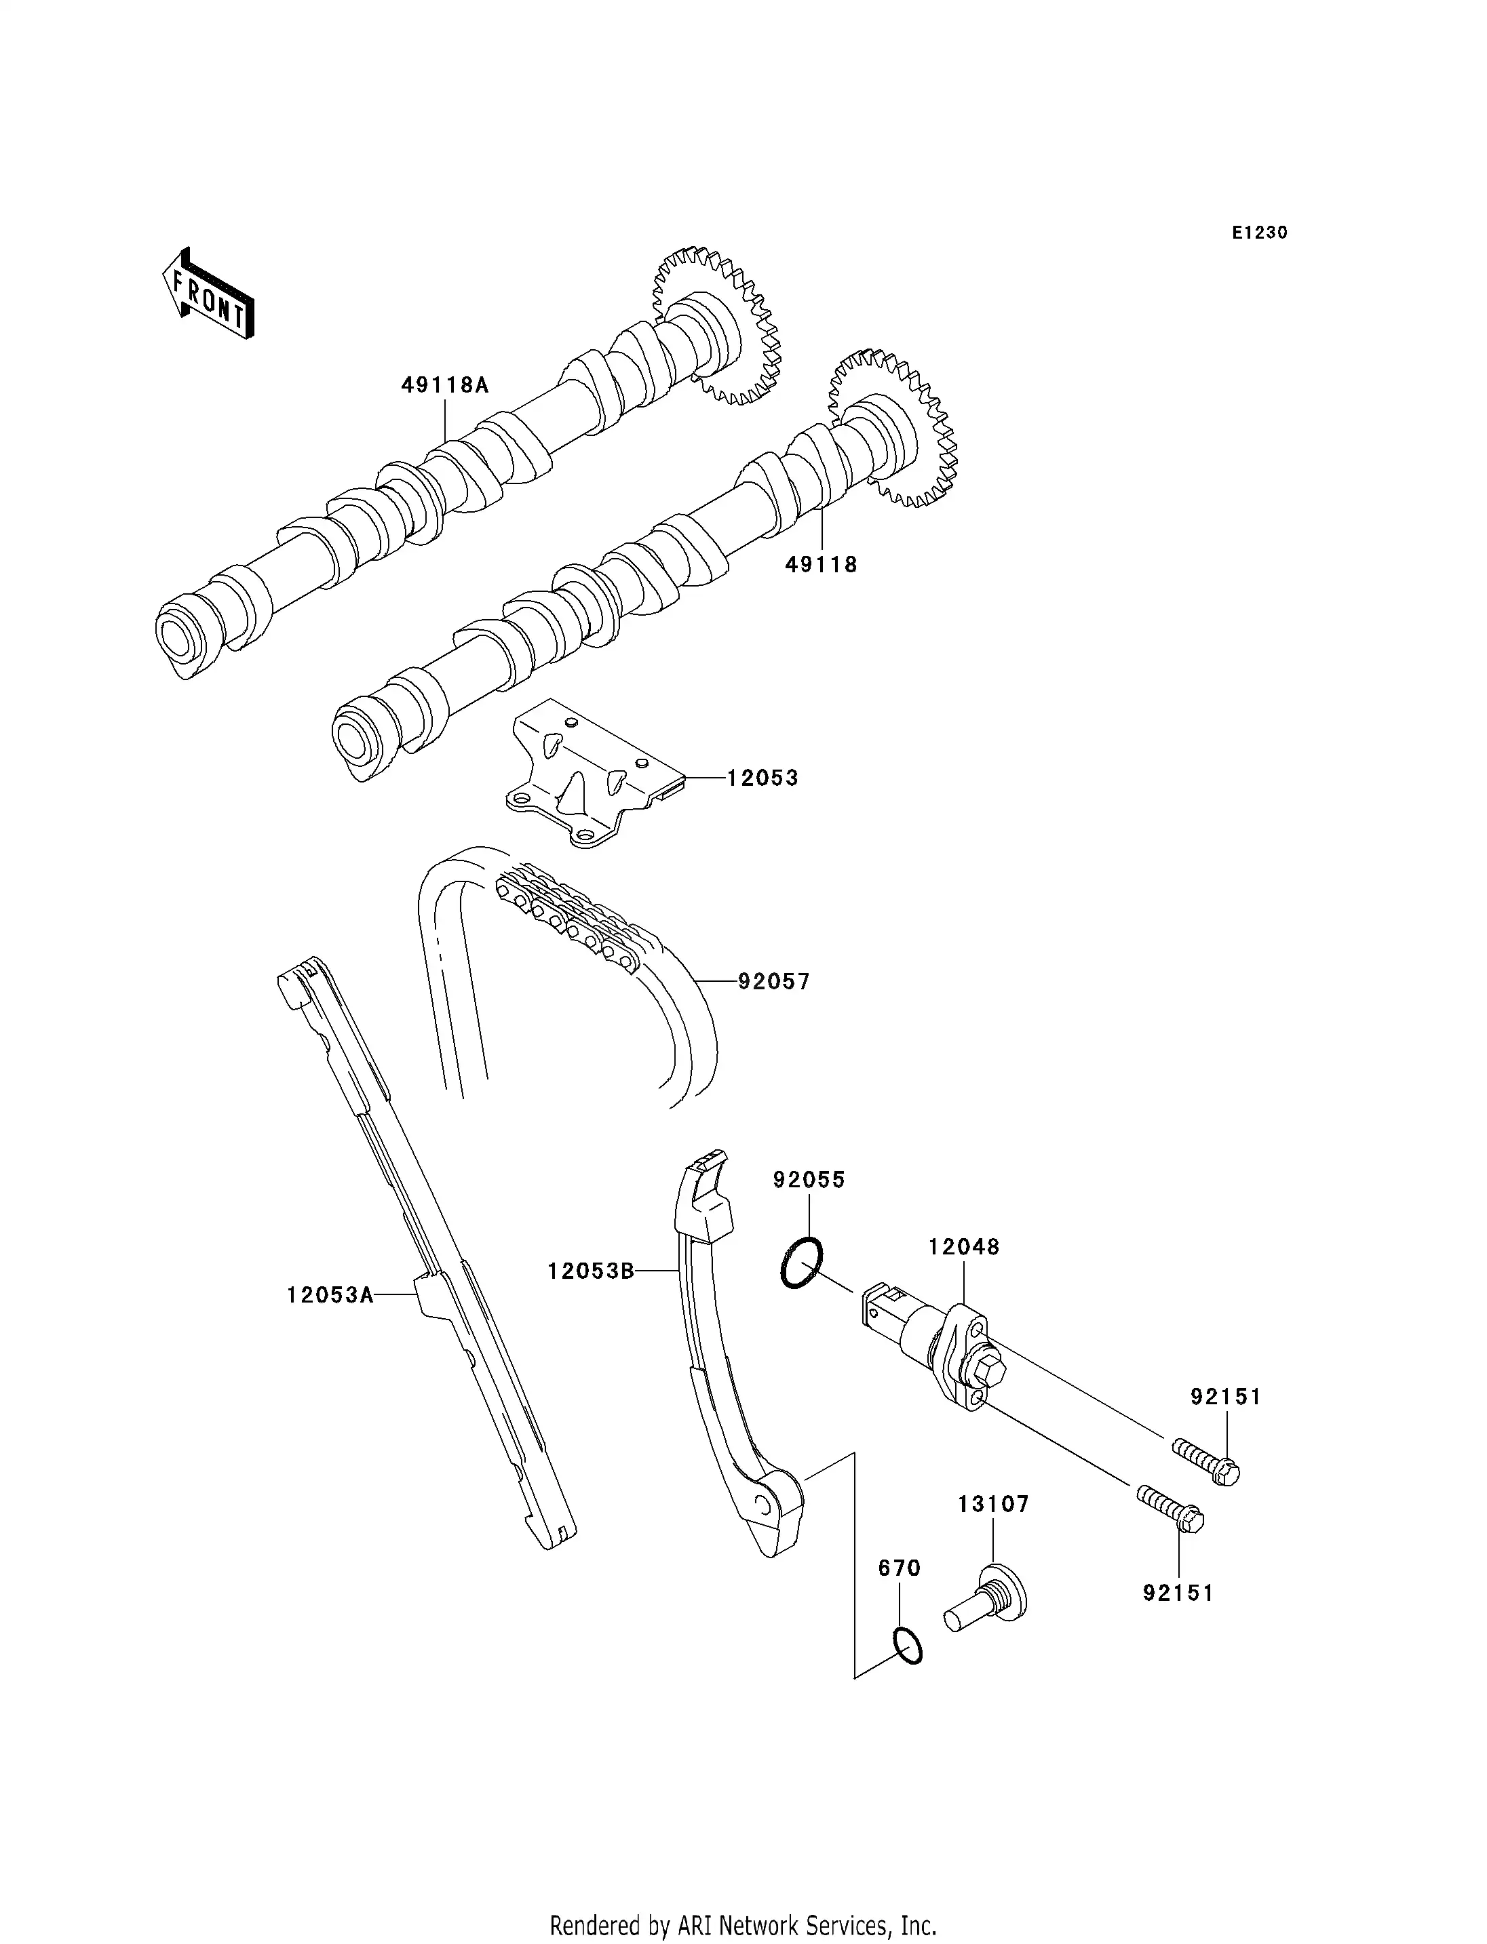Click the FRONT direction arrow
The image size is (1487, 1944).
pos(209,296)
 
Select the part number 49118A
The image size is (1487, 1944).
pos(444,386)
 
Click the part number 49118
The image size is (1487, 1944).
pos(822,565)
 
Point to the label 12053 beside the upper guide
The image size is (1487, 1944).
pos(762,778)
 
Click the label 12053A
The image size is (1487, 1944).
pos(329,1295)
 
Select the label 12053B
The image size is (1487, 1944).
pos(590,1271)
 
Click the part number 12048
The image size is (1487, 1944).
pos(963,1247)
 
